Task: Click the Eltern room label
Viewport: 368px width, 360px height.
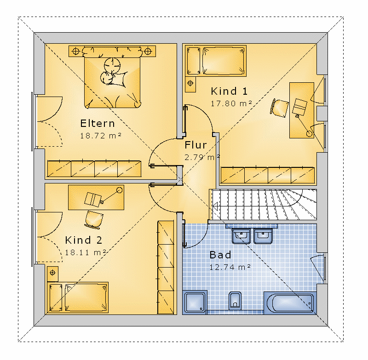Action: click(98, 123)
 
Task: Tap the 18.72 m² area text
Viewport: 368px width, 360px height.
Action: click(101, 136)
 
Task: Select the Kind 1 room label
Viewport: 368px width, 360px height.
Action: click(229, 91)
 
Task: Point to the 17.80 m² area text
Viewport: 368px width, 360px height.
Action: click(231, 103)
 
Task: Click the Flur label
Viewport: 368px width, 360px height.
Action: click(196, 145)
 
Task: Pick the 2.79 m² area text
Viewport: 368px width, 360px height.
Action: click(202, 157)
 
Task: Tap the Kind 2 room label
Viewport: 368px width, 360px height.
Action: click(84, 240)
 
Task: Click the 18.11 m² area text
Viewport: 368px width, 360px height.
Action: click(86, 252)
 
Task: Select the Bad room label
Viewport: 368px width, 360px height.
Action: click(220, 255)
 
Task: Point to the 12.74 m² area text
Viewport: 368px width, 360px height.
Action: click(230, 267)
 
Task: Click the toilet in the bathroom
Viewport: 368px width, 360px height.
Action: click(235, 301)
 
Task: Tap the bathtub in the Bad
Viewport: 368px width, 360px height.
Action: click(290, 303)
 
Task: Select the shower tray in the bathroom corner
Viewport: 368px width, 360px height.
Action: click(195, 302)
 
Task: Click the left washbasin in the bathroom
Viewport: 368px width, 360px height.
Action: click(241, 236)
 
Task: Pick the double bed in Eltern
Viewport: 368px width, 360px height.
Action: click(112, 77)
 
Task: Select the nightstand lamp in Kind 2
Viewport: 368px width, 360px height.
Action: click(52, 273)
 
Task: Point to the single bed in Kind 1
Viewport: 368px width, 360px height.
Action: click(216, 61)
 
